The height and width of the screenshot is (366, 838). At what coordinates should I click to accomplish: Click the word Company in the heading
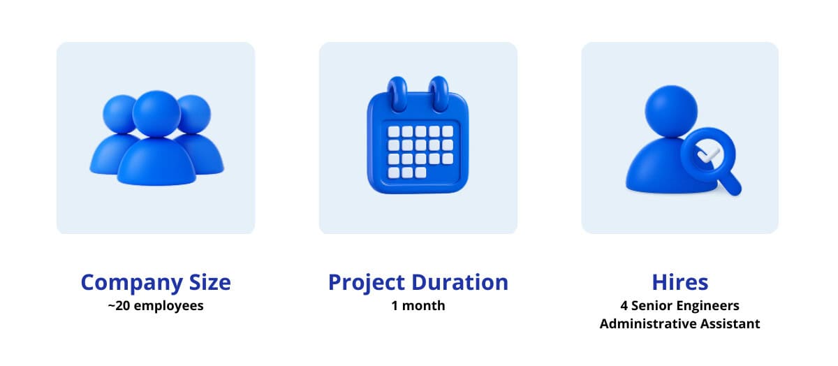[131, 283]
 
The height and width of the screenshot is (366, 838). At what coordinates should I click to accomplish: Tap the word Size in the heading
[210, 282]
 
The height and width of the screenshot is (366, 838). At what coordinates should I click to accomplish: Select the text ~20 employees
[156, 306]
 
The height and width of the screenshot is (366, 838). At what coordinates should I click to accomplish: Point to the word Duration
[460, 282]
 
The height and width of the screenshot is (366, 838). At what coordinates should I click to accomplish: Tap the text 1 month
[418, 306]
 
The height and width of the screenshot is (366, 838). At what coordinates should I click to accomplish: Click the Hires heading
[680, 282]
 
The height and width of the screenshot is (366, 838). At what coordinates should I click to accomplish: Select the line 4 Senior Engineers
[679, 306]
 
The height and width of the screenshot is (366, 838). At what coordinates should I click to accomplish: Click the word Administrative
[648, 323]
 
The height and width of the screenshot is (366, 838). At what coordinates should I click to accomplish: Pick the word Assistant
[730, 323]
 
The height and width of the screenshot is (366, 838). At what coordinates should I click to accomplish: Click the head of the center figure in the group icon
[156, 113]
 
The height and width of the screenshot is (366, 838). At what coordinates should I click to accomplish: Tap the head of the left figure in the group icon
[118, 114]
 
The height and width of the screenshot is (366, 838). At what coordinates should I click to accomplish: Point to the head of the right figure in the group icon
[196, 114]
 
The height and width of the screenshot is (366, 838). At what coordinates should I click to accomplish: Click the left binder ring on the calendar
[397, 94]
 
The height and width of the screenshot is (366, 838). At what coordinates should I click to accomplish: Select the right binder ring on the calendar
[439, 94]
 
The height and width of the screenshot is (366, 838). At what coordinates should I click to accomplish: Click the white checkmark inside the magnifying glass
[708, 154]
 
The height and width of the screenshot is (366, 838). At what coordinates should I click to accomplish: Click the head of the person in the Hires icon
[671, 111]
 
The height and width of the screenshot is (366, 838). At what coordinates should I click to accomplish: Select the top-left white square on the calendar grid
[394, 131]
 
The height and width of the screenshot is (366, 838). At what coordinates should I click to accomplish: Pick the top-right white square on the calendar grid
[448, 131]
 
